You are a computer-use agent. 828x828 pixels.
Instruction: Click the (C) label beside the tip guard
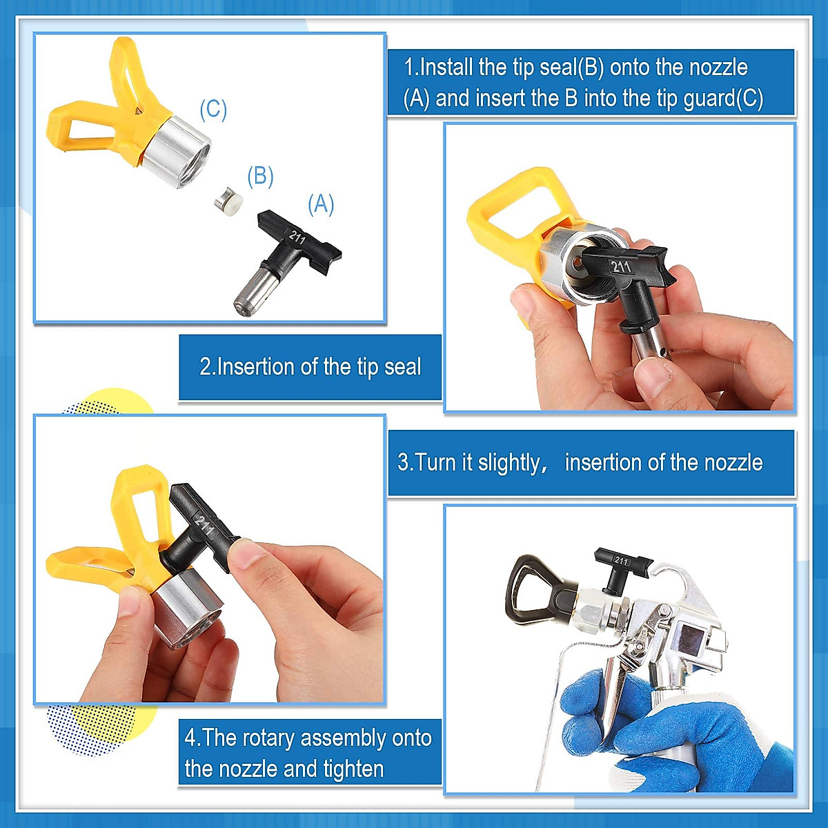(213, 110)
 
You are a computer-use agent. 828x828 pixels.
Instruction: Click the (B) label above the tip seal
(260, 177)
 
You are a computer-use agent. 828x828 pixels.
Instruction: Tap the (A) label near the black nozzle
(321, 205)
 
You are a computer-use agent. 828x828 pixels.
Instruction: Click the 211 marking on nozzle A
(297, 237)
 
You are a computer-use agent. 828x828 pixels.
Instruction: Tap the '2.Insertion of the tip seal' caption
(310, 366)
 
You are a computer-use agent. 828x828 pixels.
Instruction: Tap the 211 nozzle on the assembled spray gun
(622, 566)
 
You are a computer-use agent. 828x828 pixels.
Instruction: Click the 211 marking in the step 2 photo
(621, 266)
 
